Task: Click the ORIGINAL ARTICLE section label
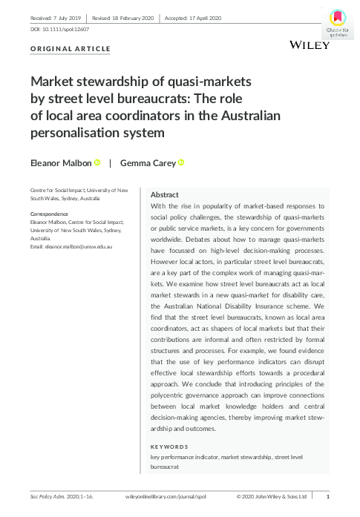coord(71,49)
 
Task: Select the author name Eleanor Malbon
coord(62,163)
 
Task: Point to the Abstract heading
coord(164,193)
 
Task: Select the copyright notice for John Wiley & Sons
coord(271,495)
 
